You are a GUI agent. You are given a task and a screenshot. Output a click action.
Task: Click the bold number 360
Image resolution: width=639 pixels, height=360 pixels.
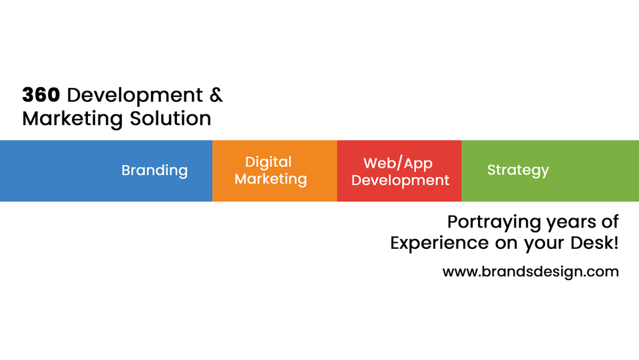(41, 94)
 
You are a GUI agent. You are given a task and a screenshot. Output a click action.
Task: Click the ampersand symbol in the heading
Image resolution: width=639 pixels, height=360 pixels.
(216, 94)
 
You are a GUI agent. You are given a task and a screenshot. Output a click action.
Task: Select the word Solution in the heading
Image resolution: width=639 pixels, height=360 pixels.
(171, 118)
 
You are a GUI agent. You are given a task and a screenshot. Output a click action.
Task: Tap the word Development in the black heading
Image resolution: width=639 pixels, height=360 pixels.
(135, 95)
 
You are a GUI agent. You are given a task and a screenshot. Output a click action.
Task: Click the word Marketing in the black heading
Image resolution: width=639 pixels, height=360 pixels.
(73, 119)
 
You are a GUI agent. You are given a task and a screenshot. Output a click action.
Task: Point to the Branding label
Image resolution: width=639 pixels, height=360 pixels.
(154, 170)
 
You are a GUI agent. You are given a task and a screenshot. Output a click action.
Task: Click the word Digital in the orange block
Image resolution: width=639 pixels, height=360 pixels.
(268, 162)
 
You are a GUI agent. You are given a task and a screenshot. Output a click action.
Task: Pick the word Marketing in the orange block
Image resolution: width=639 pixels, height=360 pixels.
(271, 179)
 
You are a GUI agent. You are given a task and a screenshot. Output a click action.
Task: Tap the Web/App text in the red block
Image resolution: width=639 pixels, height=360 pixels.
(398, 163)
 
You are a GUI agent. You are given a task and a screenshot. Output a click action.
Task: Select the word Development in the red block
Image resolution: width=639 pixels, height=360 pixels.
(400, 180)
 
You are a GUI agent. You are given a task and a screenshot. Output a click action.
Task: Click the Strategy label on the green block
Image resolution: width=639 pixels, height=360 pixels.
(518, 170)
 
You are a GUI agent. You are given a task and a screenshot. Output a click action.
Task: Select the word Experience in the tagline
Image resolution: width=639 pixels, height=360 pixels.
(439, 243)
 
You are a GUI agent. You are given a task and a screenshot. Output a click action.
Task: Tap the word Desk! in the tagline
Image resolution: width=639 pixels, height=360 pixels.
(594, 243)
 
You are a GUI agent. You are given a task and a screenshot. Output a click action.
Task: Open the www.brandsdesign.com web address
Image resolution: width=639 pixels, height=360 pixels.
(531, 271)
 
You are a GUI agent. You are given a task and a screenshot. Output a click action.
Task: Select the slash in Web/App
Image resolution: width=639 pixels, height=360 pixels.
(398, 163)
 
